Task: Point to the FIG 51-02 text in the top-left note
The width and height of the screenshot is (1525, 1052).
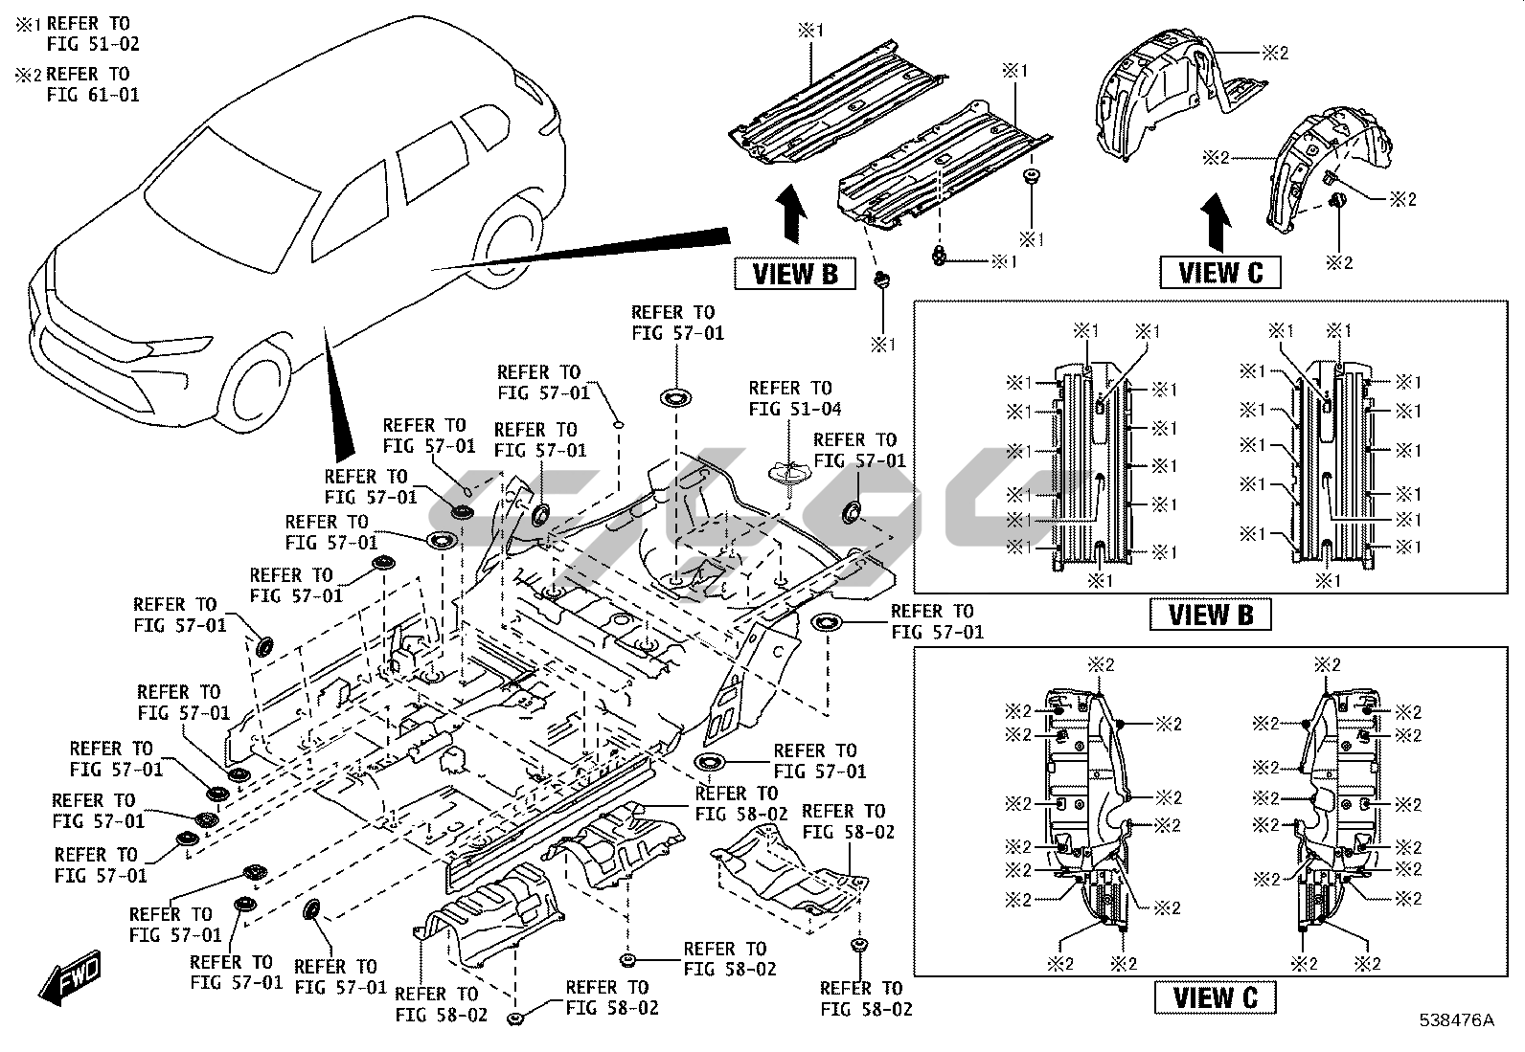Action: [x=92, y=43]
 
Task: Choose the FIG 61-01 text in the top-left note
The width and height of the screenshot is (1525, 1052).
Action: [x=92, y=95]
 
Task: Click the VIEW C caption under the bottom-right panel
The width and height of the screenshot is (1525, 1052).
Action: [x=1216, y=997]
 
